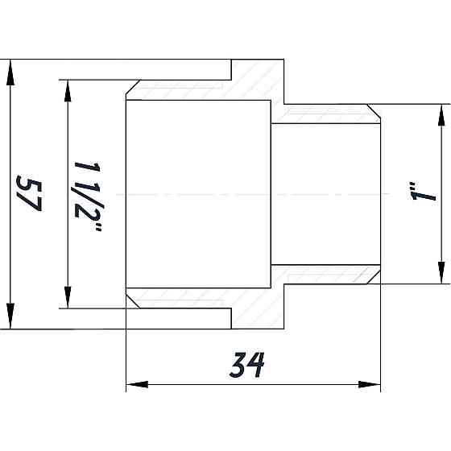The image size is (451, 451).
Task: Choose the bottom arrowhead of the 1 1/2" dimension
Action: click(x=68, y=299)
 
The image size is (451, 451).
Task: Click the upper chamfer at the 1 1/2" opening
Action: click(x=133, y=89)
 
